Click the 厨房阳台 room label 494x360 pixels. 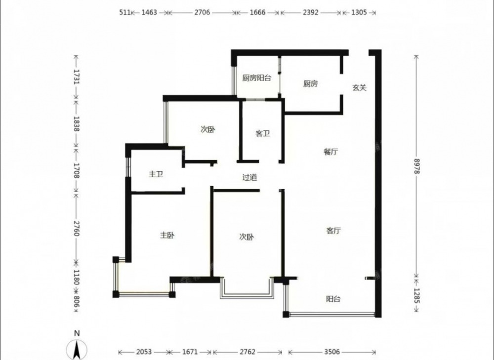(x=256, y=78)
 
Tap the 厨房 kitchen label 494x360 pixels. (x=310, y=83)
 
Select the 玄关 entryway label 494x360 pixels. (x=359, y=87)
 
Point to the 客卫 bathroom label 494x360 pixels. (x=262, y=133)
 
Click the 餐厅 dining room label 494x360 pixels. (x=331, y=152)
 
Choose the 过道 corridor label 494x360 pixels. (x=249, y=177)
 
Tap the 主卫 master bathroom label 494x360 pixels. (x=156, y=174)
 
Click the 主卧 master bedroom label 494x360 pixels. (x=167, y=235)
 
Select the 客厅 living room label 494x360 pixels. (x=333, y=231)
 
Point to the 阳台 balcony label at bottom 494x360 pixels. (x=333, y=299)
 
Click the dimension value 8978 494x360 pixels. (x=416, y=166)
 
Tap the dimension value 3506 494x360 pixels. (x=332, y=352)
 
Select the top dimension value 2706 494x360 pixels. (x=202, y=12)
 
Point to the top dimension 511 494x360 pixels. (x=125, y=12)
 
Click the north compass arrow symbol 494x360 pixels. (x=77, y=350)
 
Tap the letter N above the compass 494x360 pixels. (x=77, y=333)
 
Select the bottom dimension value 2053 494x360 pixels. (x=144, y=352)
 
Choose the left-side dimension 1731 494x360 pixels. (x=77, y=77)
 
